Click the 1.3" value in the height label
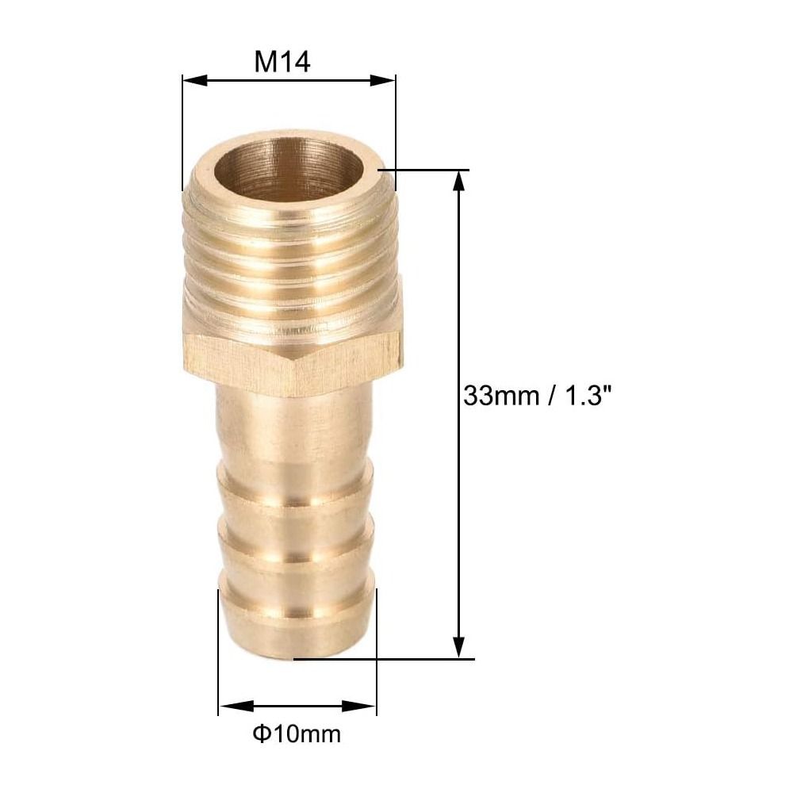pyautogui.click(x=585, y=395)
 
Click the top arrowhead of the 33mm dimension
pyautogui.click(x=458, y=181)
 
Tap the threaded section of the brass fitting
pyautogui.click(x=290, y=254)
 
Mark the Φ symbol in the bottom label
pyautogui.click(x=261, y=734)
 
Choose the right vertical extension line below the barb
pyautogui.click(x=377, y=674)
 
